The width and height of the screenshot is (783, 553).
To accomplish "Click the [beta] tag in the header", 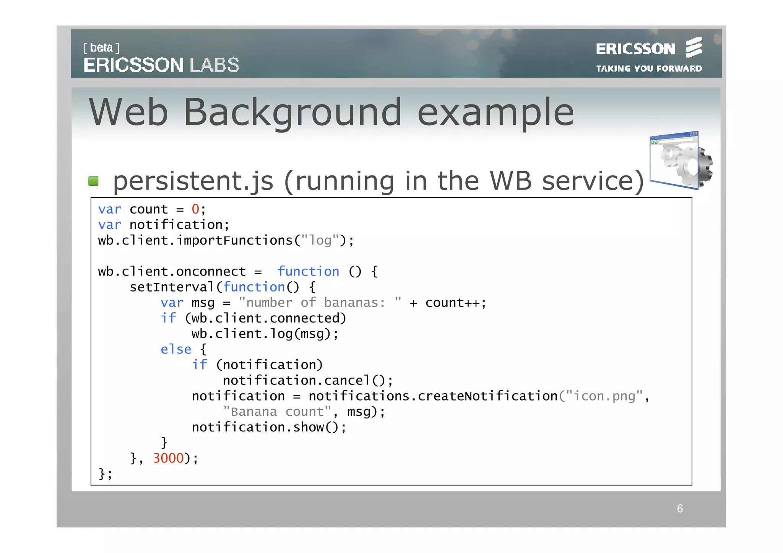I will point(101,48).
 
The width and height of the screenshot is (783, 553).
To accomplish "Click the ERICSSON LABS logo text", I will point(161,65).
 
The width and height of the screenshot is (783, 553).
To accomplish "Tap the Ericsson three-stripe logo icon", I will point(694,47).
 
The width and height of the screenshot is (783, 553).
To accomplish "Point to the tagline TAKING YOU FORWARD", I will point(649,69).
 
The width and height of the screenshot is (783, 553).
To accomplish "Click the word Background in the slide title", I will point(292,112).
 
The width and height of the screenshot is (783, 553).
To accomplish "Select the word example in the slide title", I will point(495,112).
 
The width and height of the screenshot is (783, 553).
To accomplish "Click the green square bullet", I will point(93,181).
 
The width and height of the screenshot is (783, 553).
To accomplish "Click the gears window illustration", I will point(681,161).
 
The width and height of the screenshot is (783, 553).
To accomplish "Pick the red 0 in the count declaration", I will point(195,209).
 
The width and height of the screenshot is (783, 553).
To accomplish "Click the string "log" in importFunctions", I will point(320,240).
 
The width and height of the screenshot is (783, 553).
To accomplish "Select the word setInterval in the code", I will point(172,287).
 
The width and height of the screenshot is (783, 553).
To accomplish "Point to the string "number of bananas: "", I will point(320,303).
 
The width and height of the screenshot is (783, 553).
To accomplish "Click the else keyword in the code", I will point(175,349).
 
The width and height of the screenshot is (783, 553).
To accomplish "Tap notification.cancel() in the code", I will point(307,381).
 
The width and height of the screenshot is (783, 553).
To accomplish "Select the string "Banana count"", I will point(277,412).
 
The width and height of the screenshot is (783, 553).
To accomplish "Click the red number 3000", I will point(168,458).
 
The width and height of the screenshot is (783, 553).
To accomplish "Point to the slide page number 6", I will point(680,509).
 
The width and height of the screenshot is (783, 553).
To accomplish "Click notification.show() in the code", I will point(269,427).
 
